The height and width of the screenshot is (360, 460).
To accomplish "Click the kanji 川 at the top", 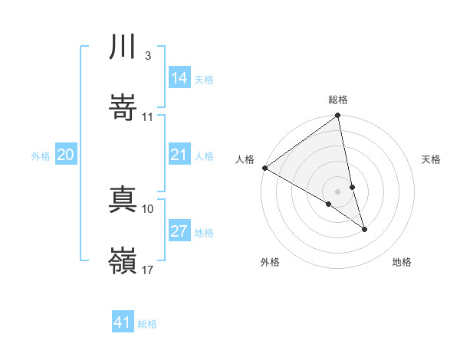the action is click(x=123, y=48).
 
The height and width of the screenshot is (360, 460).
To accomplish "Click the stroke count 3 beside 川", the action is click(x=147, y=57).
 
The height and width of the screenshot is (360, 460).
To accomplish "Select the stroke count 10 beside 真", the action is click(x=148, y=208).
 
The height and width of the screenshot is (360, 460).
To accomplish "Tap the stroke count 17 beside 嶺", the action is click(x=148, y=270).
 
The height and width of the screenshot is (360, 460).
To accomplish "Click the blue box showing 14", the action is click(x=179, y=77).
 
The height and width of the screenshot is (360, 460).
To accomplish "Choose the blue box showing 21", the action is click(x=179, y=155).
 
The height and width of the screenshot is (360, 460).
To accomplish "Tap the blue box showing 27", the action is click(x=179, y=231).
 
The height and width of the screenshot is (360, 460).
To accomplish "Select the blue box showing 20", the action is click(x=66, y=155).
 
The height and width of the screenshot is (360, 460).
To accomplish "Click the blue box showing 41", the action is click(x=123, y=322).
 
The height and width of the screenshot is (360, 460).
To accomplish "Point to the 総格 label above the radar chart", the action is click(x=338, y=100).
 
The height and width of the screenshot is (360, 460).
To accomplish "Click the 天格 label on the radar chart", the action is click(x=431, y=159).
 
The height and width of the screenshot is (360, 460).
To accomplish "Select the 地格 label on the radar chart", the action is click(x=402, y=262).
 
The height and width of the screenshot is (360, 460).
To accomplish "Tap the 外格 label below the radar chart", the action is click(x=270, y=262).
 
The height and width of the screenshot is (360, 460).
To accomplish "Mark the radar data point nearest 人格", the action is click(x=264, y=168).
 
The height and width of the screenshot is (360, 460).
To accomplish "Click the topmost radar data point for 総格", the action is click(x=338, y=116).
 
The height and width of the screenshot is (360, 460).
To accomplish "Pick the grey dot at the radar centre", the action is click(x=338, y=191).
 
